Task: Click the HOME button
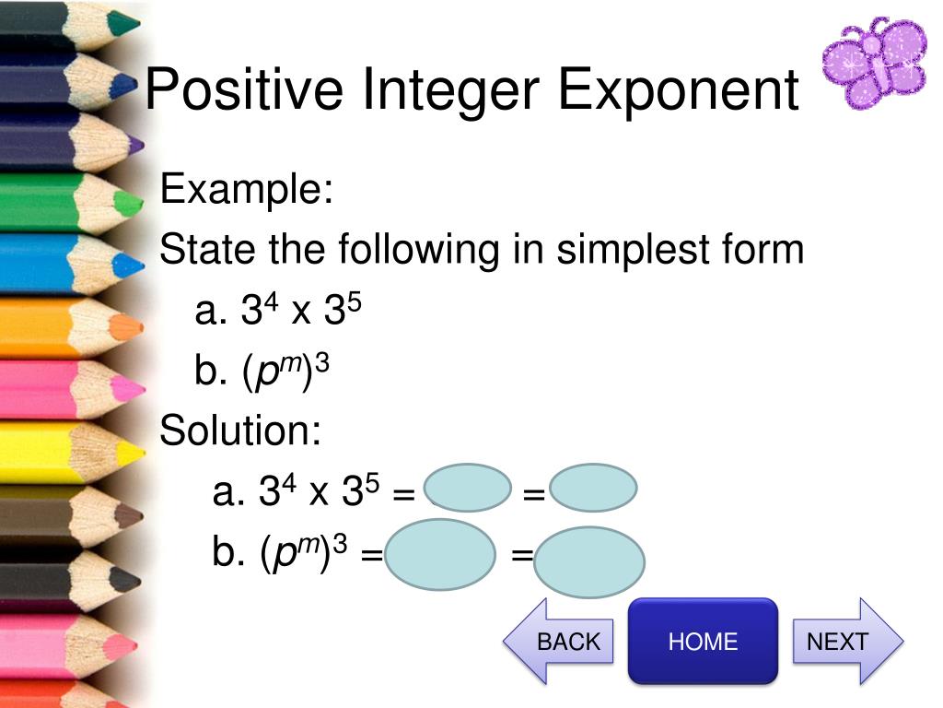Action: coord(703,641)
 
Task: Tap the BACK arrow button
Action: coord(558,642)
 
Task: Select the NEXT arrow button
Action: coord(848,642)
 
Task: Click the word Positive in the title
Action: coord(244,89)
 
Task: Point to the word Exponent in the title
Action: coord(679,90)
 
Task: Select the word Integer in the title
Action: coord(450,90)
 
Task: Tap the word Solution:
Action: coord(240,430)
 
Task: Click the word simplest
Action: coord(634,250)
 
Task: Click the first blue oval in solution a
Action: coord(468,487)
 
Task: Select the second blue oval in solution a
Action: coord(593,487)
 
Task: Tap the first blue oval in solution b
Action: coord(440,554)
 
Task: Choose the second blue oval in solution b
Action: coord(589,561)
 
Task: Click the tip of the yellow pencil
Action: coord(143,452)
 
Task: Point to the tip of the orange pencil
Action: coord(142,327)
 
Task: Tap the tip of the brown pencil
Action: coord(142,515)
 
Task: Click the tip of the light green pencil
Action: coord(142,204)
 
